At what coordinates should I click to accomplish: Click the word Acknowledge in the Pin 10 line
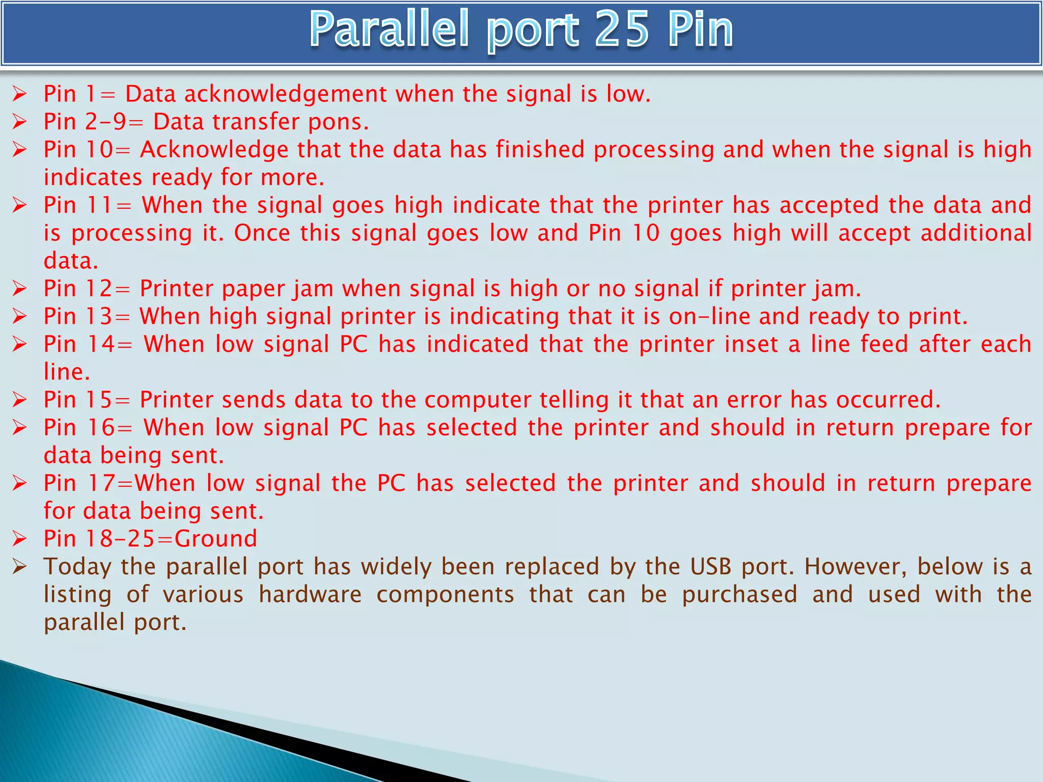(214, 150)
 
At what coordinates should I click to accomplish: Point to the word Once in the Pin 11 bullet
(262, 233)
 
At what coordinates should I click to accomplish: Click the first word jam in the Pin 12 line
(314, 289)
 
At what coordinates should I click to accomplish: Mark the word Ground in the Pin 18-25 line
(216, 539)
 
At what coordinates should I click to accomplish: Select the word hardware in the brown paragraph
(310, 595)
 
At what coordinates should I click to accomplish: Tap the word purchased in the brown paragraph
(739, 595)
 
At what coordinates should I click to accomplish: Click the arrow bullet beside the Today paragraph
(19, 566)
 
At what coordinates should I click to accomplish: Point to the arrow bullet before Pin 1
(19, 94)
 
